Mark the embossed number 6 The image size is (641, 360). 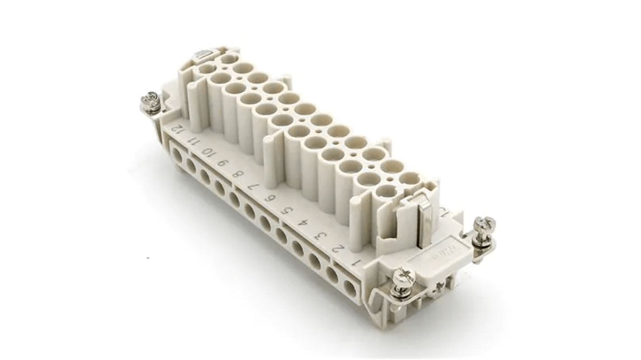[x=269, y=198]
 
